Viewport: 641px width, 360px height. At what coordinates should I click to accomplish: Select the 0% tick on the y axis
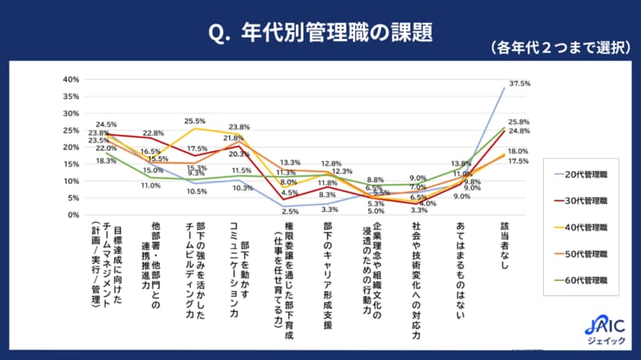pos(72,215)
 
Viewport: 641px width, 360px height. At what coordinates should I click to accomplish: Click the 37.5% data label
pos(519,84)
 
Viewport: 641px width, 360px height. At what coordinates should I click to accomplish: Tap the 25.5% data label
pos(195,121)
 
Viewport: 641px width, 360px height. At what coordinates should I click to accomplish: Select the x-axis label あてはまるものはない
pos(459,271)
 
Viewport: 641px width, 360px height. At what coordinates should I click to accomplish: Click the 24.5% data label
pos(106,125)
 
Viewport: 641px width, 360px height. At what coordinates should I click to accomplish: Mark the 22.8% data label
pos(154,133)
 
